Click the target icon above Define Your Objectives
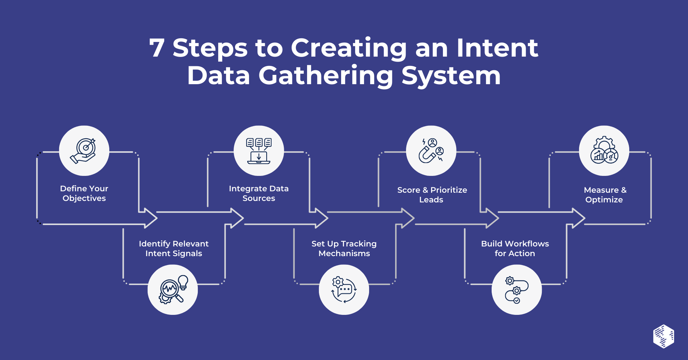coord(84,150)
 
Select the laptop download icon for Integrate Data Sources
coord(259,150)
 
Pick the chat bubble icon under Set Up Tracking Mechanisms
coord(344,289)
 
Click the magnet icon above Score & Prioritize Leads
coord(431,150)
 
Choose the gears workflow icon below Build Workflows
coord(516,289)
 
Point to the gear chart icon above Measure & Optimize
coord(604,150)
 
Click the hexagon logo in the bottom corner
coord(664,336)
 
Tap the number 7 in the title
coord(157,48)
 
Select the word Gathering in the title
coord(326,76)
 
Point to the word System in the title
coord(451,76)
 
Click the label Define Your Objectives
coord(84,193)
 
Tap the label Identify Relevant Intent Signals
coord(174,249)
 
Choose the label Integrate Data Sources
coord(259,193)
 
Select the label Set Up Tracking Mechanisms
coord(344,249)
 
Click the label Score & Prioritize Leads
coord(432,195)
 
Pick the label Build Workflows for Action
coord(515,249)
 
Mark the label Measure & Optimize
coord(605,195)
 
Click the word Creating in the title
coord(349,48)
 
